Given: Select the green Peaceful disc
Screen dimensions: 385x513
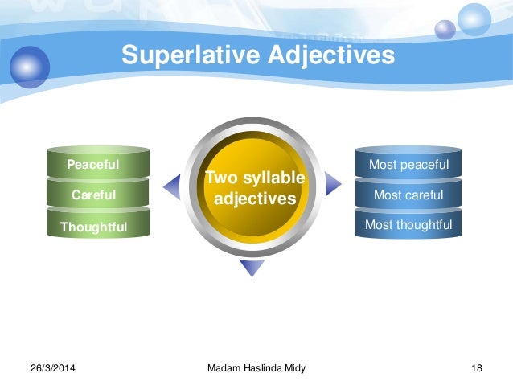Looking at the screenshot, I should (x=93, y=165).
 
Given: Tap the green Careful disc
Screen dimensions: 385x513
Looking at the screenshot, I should (x=93, y=195).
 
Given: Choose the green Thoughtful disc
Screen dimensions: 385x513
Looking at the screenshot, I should (x=93, y=227).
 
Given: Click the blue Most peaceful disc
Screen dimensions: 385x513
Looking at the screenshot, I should (x=408, y=165).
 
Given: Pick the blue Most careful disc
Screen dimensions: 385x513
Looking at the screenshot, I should (x=408, y=195).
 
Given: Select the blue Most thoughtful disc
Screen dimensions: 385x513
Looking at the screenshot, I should (x=408, y=225).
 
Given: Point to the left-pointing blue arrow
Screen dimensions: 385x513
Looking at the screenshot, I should (x=172, y=187).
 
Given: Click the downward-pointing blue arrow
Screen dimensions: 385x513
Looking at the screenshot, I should (x=252, y=268).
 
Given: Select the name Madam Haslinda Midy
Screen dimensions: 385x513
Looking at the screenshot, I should (x=256, y=368).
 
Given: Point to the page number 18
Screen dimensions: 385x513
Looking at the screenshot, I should (x=477, y=368).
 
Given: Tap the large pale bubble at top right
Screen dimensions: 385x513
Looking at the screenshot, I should (x=474, y=19).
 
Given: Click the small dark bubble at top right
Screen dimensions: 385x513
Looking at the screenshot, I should (x=445, y=30).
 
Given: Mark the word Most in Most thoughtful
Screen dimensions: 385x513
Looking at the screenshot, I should (x=379, y=225).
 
